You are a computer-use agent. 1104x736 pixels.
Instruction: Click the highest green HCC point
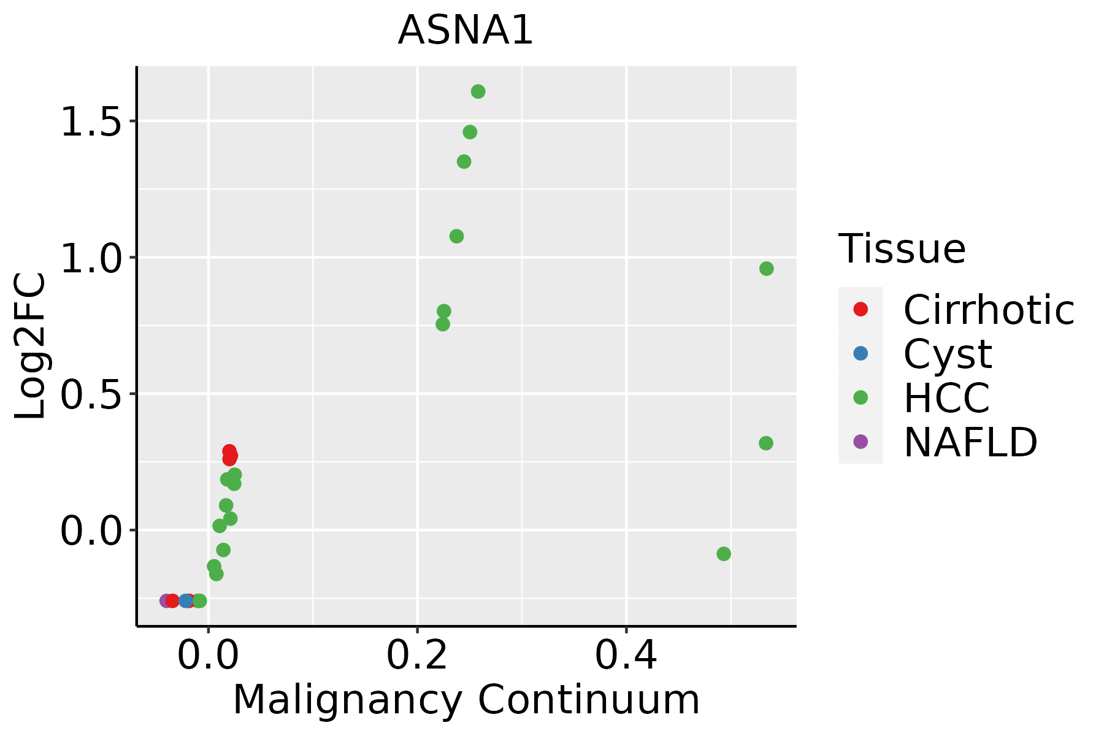point(478,91)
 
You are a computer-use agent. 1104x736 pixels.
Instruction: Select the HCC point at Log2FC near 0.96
point(766,269)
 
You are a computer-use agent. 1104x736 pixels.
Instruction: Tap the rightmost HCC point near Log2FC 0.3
point(765,443)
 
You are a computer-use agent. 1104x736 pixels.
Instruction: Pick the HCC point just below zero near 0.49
point(724,554)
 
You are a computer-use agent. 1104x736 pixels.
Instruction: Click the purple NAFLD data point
point(166,600)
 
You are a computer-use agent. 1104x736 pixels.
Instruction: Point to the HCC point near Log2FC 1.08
point(456,236)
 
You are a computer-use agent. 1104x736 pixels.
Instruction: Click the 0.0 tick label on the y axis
point(90,531)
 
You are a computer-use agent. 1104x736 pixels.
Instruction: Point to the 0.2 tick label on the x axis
point(417,656)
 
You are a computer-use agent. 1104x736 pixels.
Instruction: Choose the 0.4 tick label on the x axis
point(626,656)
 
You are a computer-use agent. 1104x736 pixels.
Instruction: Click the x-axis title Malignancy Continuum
point(466,700)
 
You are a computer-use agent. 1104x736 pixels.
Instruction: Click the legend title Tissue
point(902,249)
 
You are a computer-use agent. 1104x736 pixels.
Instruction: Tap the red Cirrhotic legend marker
point(861,309)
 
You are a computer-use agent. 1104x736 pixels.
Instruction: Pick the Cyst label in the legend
point(948,354)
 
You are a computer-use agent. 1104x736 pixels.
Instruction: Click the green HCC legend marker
point(861,397)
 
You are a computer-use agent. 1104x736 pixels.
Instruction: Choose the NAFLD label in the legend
point(970,442)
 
